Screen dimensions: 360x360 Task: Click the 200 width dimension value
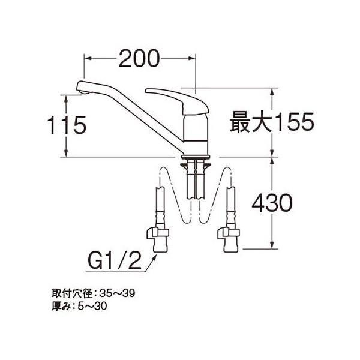click(x=140, y=58)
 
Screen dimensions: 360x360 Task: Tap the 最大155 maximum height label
click(x=272, y=124)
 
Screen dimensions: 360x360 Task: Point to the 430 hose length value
click(x=272, y=203)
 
